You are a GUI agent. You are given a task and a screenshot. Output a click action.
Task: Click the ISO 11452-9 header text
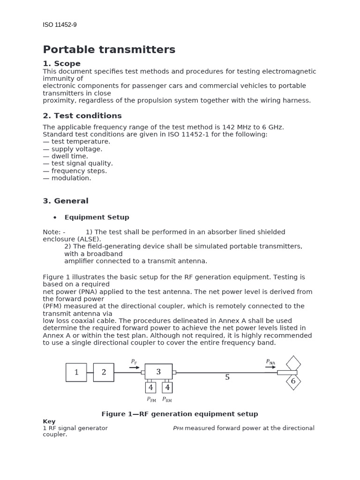60,25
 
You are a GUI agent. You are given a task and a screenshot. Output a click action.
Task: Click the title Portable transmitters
109,50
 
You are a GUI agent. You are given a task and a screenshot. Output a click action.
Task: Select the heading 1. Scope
61,64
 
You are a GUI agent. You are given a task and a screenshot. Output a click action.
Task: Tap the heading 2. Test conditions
82,116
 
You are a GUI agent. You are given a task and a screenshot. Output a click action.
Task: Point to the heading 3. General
65,201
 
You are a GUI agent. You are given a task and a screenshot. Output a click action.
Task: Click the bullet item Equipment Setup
97,217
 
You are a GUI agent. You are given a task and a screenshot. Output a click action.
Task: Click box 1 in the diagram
76,373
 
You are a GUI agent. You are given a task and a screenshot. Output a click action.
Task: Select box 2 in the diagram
104,373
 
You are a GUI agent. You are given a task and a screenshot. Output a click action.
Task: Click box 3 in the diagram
158,372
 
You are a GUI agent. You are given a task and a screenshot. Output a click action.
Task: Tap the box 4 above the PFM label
150,388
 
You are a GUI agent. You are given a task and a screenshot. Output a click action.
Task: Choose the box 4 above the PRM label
167,388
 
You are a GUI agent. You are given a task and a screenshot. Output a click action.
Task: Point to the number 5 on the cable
227,377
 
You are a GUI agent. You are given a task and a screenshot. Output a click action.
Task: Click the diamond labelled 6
293,382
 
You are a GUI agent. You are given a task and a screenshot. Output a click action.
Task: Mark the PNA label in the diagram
270,362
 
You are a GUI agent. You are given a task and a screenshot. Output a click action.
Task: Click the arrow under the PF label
135,367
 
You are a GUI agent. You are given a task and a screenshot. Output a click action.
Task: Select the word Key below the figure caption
49,421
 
